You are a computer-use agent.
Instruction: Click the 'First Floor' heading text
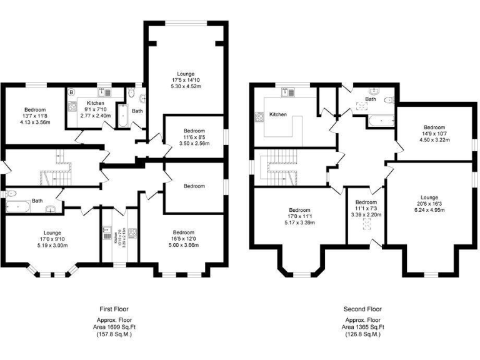pos(114,309)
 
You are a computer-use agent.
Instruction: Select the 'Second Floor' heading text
pos(362,309)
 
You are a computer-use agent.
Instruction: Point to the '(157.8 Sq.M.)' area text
pos(114,334)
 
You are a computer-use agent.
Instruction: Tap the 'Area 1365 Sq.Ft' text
pos(362,327)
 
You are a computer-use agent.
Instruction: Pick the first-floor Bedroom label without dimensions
pos(194,186)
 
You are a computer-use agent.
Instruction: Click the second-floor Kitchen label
pos(278,115)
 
